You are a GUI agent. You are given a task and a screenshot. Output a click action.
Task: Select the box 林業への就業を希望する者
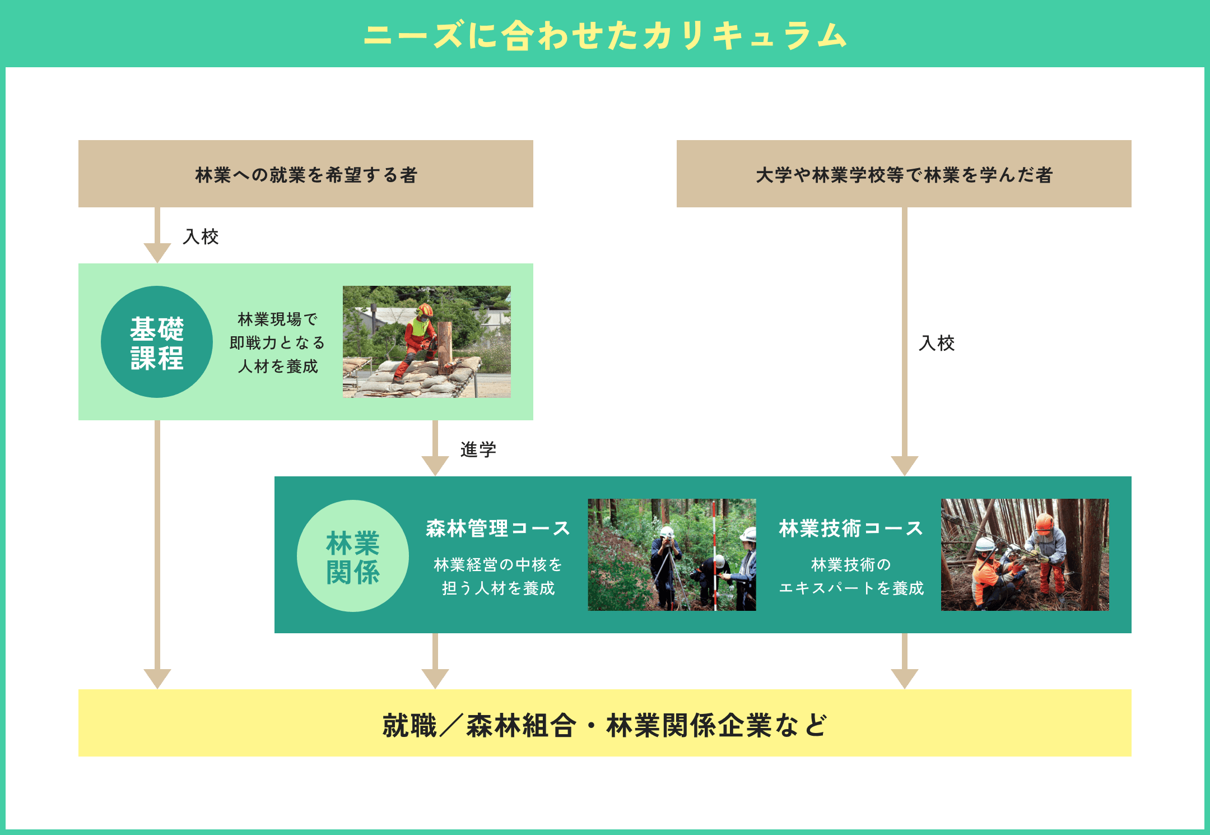(x=306, y=174)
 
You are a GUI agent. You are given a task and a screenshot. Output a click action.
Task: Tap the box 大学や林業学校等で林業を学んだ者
(x=904, y=174)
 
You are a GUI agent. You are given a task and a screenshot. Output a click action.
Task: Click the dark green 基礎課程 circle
(x=157, y=342)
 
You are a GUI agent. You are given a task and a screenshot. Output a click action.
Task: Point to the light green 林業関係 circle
(x=353, y=556)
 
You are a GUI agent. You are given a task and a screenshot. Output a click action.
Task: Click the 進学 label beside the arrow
(x=478, y=449)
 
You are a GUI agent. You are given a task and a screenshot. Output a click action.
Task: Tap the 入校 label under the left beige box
(x=201, y=236)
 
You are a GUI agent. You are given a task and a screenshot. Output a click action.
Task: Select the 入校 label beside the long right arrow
(x=937, y=343)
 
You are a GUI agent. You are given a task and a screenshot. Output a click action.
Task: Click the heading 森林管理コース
(x=497, y=528)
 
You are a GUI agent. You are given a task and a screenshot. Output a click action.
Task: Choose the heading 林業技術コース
(x=850, y=528)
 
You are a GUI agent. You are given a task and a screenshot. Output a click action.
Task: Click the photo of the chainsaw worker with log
(x=427, y=342)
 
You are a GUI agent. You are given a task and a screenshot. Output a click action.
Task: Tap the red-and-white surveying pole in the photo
(x=715, y=555)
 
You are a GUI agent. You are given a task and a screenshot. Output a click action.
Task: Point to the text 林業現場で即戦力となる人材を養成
(x=278, y=342)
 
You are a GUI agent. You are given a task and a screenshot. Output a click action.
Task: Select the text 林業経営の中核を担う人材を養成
(x=497, y=576)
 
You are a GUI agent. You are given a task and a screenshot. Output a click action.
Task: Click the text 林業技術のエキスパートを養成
(x=850, y=576)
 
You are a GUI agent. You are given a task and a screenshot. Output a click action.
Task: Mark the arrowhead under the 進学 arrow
(x=435, y=465)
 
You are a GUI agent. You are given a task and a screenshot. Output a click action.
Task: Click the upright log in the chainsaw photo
(x=445, y=346)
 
